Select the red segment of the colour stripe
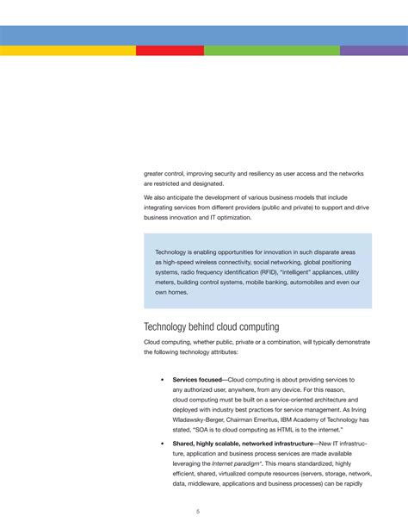coord(170,50)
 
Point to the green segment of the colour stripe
coord(271,50)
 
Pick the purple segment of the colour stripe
coord(374,50)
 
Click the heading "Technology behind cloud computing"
coord(211,326)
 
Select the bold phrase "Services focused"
coord(197,380)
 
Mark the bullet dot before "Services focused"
coord(163,380)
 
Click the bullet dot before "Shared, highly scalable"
coord(163,443)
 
